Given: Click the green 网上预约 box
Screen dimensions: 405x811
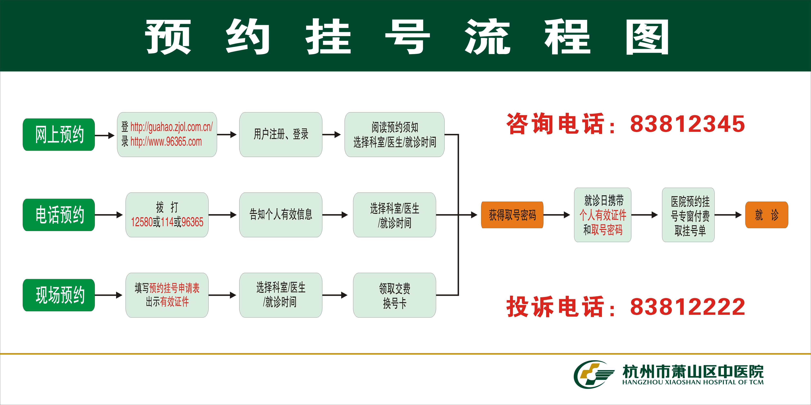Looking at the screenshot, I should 59,135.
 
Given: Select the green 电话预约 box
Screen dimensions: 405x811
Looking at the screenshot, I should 59,215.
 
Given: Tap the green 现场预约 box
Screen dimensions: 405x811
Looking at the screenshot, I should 59,295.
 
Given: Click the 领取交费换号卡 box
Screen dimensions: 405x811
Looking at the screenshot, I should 394,295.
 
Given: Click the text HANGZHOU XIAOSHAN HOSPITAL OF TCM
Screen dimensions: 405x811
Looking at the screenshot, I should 693,382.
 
